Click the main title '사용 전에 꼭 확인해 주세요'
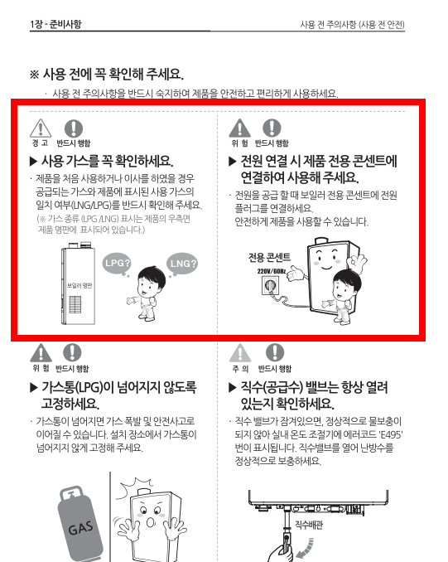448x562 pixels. click(106, 74)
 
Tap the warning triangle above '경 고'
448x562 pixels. click(41, 128)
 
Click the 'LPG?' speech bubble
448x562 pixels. click(118, 263)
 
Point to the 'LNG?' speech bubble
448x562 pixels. click(183, 264)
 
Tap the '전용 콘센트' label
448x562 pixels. click(269, 257)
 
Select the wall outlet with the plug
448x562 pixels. click(270, 288)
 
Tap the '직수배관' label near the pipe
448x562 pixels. click(311, 525)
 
